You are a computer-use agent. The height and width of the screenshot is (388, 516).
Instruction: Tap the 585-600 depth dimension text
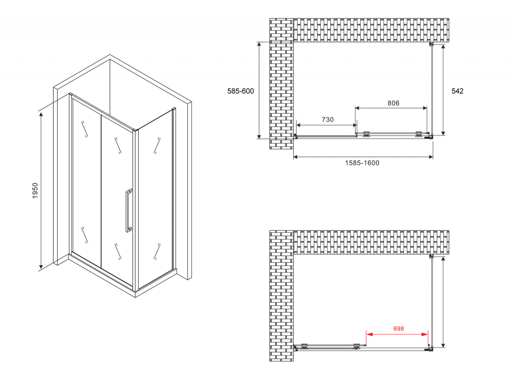[240, 91]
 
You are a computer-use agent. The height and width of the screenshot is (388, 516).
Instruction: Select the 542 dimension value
[457, 91]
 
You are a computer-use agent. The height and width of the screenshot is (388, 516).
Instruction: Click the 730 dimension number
[328, 120]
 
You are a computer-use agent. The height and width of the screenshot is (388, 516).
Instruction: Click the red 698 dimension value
[398, 328]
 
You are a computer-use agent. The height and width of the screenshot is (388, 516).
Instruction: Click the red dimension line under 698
[397, 334]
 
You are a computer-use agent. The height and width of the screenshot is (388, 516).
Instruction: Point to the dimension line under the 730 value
[326, 125]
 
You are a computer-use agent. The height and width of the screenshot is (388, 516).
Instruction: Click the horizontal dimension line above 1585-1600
[363, 157]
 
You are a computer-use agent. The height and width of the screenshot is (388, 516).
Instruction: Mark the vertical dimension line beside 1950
[41, 191]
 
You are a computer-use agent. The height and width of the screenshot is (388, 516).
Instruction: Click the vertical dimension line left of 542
[443, 90]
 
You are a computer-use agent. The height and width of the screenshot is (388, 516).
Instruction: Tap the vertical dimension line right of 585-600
[260, 90]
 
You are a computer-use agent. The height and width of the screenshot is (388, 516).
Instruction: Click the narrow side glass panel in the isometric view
[155, 201]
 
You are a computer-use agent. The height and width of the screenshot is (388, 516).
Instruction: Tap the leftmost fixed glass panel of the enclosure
[85, 185]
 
